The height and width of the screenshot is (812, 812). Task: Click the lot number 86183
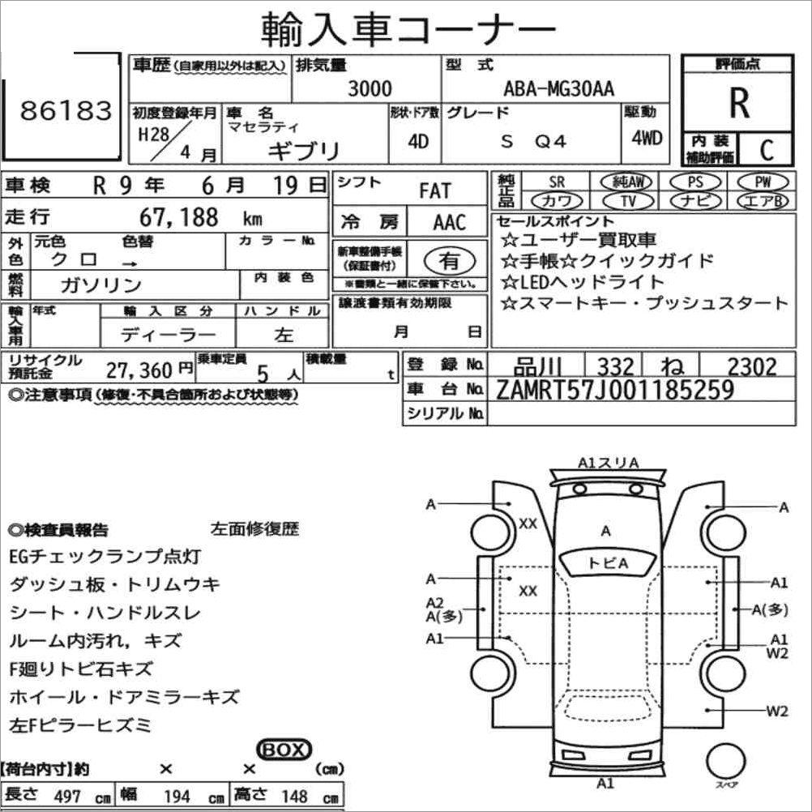(66, 110)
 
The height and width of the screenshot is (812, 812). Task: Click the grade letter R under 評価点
(739, 103)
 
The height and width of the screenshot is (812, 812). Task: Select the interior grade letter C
(767, 150)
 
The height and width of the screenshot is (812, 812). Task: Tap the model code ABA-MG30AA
(559, 88)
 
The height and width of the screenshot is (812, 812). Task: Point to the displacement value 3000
(370, 88)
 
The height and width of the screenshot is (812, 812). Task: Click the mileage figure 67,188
(178, 217)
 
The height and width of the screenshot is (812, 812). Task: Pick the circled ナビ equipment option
(695, 201)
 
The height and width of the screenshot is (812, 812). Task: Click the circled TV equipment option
(628, 201)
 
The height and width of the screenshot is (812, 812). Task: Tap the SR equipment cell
(557, 182)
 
